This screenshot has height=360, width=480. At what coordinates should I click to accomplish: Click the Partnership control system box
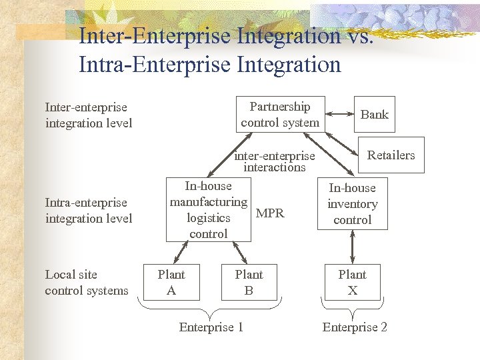tap(280, 115)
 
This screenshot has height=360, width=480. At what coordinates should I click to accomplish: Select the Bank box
tap(374, 115)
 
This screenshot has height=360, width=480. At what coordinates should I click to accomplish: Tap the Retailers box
tap(391, 155)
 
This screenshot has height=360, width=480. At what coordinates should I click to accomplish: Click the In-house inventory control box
tap(352, 204)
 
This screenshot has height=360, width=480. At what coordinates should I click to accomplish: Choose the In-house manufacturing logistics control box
tap(208, 210)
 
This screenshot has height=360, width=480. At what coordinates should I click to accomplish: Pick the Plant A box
tap(171, 282)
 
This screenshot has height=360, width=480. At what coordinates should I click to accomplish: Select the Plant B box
tap(249, 282)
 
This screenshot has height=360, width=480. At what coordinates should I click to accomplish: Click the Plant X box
tap(352, 282)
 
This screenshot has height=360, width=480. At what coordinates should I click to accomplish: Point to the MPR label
tap(270, 213)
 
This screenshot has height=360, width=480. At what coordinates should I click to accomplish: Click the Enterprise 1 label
tap(211, 327)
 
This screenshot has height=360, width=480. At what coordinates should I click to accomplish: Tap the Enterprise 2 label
tap(355, 327)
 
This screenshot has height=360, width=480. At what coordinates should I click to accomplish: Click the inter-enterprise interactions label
tap(274, 162)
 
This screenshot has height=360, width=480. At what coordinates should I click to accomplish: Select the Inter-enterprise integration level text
tap(88, 115)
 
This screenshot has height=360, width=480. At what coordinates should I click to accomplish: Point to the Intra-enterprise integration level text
tap(88, 210)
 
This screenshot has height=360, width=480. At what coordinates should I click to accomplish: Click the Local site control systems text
tap(86, 282)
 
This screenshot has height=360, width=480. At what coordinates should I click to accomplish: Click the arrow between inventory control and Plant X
tap(352, 247)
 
